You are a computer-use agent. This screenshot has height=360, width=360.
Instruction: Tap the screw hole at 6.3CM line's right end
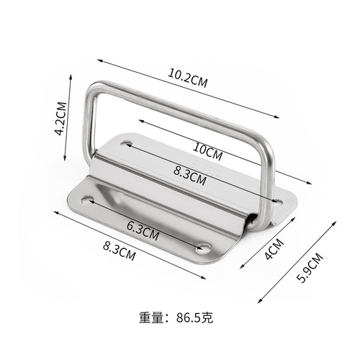click(x=204, y=249)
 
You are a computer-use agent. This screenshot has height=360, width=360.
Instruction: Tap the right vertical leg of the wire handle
click(x=269, y=180)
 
